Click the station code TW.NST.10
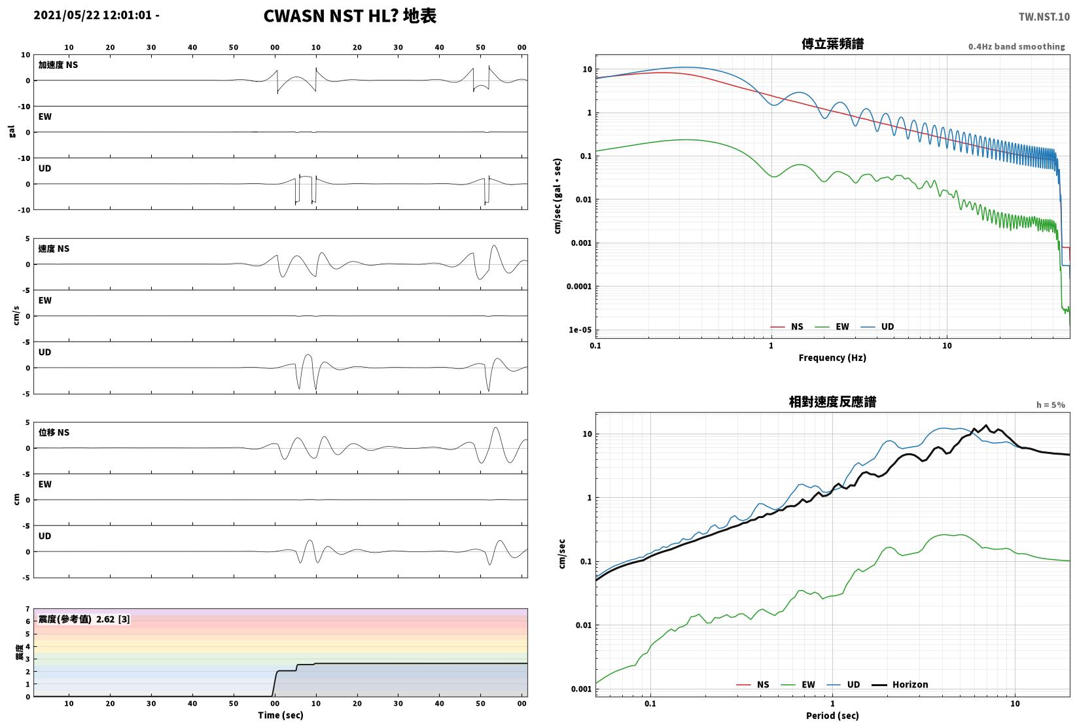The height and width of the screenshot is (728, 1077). [x=1044, y=17]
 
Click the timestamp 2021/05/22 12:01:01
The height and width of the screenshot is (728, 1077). [x=93, y=15]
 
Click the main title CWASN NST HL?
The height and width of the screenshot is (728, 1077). [x=331, y=16]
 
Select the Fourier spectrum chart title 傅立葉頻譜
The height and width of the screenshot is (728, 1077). [x=832, y=44]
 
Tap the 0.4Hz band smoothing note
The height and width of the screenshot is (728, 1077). [x=1016, y=46]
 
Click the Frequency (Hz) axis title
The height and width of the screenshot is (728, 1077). [x=832, y=358]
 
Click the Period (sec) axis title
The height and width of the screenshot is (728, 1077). [x=832, y=716]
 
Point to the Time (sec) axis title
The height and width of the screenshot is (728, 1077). [x=281, y=715]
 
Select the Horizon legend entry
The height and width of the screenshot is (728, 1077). [x=900, y=684]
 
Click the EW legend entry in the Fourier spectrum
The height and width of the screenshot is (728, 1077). [x=832, y=327]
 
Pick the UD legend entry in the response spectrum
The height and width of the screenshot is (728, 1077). [x=843, y=684]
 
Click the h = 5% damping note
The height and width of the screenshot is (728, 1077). [x=1051, y=405]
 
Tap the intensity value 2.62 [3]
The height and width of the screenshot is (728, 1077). [x=113, y=619]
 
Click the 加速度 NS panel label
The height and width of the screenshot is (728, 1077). [x=58, y=65]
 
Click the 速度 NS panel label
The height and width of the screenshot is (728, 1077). [x=54, y=249]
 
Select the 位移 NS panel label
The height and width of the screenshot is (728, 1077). [x=54, y=432]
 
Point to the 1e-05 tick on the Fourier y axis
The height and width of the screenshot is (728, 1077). [x=580, y=330]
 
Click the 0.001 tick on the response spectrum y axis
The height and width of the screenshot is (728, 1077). [x=582, y=689]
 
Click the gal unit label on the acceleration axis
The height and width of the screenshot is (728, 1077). [x=12, y=131]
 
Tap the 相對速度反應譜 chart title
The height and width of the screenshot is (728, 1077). [x=832, y=402]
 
